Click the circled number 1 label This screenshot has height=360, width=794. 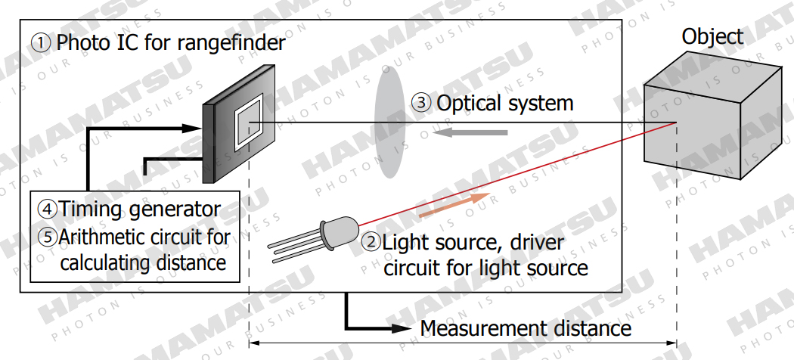pyautogui.click(x=41, y=42)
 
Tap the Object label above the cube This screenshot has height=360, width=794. pyautogui.click(x=712, y=36)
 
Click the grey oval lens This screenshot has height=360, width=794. pyautogui.click(x=386, y=121)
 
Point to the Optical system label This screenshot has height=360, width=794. pyautogui.click(x=505, y=103)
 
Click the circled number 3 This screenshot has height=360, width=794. pyautogui.click(x=421, y=103)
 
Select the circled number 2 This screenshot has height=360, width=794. pyautogui.click(x=371, y=243)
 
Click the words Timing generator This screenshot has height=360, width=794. pyautogui.click(x=140, y=209)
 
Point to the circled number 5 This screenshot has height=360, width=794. pyautogui.click(x=47, y=235)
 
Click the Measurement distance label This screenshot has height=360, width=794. pyautogui.click(x=526, y=328)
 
